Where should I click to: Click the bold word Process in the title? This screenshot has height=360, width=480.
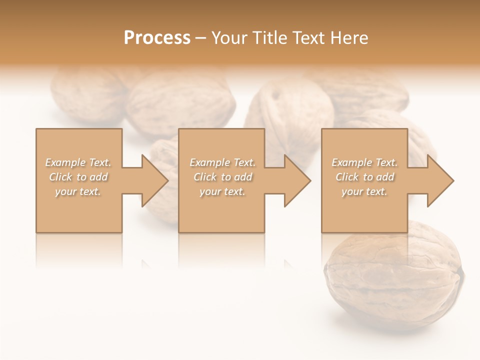coord(157,38)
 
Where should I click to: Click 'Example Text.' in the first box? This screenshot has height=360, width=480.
coord(78,162)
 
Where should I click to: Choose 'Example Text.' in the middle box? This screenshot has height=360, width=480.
coord(222,162)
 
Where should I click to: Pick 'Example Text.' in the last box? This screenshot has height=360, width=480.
coord(364,162)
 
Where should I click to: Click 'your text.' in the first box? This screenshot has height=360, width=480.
coord(78,191)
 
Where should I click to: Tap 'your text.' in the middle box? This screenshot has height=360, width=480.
coord(222,191)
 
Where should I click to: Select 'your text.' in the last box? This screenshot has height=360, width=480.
coord(364,191)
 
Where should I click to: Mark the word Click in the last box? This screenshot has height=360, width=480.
coord(347,177)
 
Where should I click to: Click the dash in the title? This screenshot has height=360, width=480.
coord(201,38)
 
